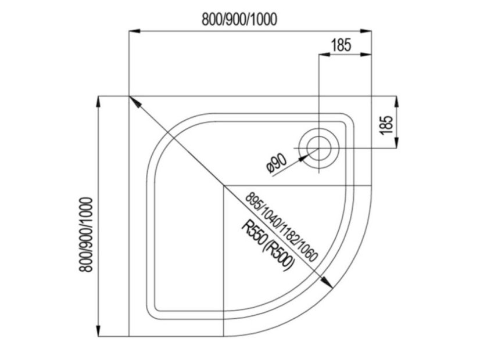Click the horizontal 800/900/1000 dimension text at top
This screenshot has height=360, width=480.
coord(239,20)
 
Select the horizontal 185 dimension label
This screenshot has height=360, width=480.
coord(341,45)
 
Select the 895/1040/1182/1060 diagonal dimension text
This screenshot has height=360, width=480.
coord(282,226)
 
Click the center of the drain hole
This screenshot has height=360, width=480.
coord(319,148)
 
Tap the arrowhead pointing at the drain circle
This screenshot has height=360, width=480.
coord(304,156)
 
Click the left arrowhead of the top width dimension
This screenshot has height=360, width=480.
coord(134,31)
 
